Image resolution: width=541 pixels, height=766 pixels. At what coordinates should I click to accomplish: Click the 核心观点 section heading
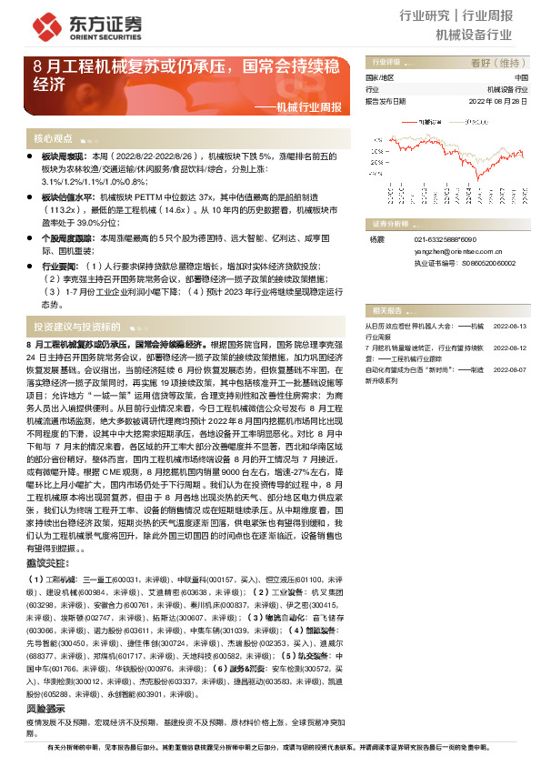(53, 138)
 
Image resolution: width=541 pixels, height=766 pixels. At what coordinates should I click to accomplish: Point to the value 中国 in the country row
(520, 78)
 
